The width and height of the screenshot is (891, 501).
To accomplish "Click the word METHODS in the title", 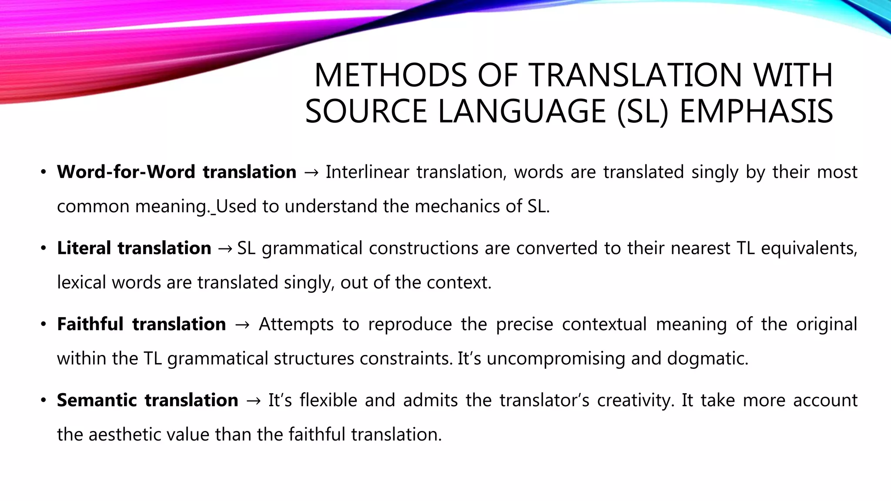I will click(x=390, y=76).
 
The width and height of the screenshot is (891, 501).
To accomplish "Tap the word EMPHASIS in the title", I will click(x=756, y=112).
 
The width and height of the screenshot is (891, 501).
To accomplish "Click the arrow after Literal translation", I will click(x=225, y=249).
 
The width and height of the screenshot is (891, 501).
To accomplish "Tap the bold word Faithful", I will click(x=90, y=324).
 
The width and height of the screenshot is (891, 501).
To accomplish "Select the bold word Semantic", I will click(x=97, y=400).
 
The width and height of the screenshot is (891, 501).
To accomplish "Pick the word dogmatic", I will click(x=707, y=359).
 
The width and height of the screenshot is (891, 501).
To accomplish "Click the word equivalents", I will click(x=809, y=248).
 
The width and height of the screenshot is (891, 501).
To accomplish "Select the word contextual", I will click(x=604, y=324).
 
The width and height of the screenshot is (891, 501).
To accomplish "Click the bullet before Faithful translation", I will click(x=43, y=325).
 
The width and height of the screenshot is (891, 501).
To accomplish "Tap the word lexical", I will click(x=81, y=283).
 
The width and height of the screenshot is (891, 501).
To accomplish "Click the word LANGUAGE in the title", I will click(x=522, y=112).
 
